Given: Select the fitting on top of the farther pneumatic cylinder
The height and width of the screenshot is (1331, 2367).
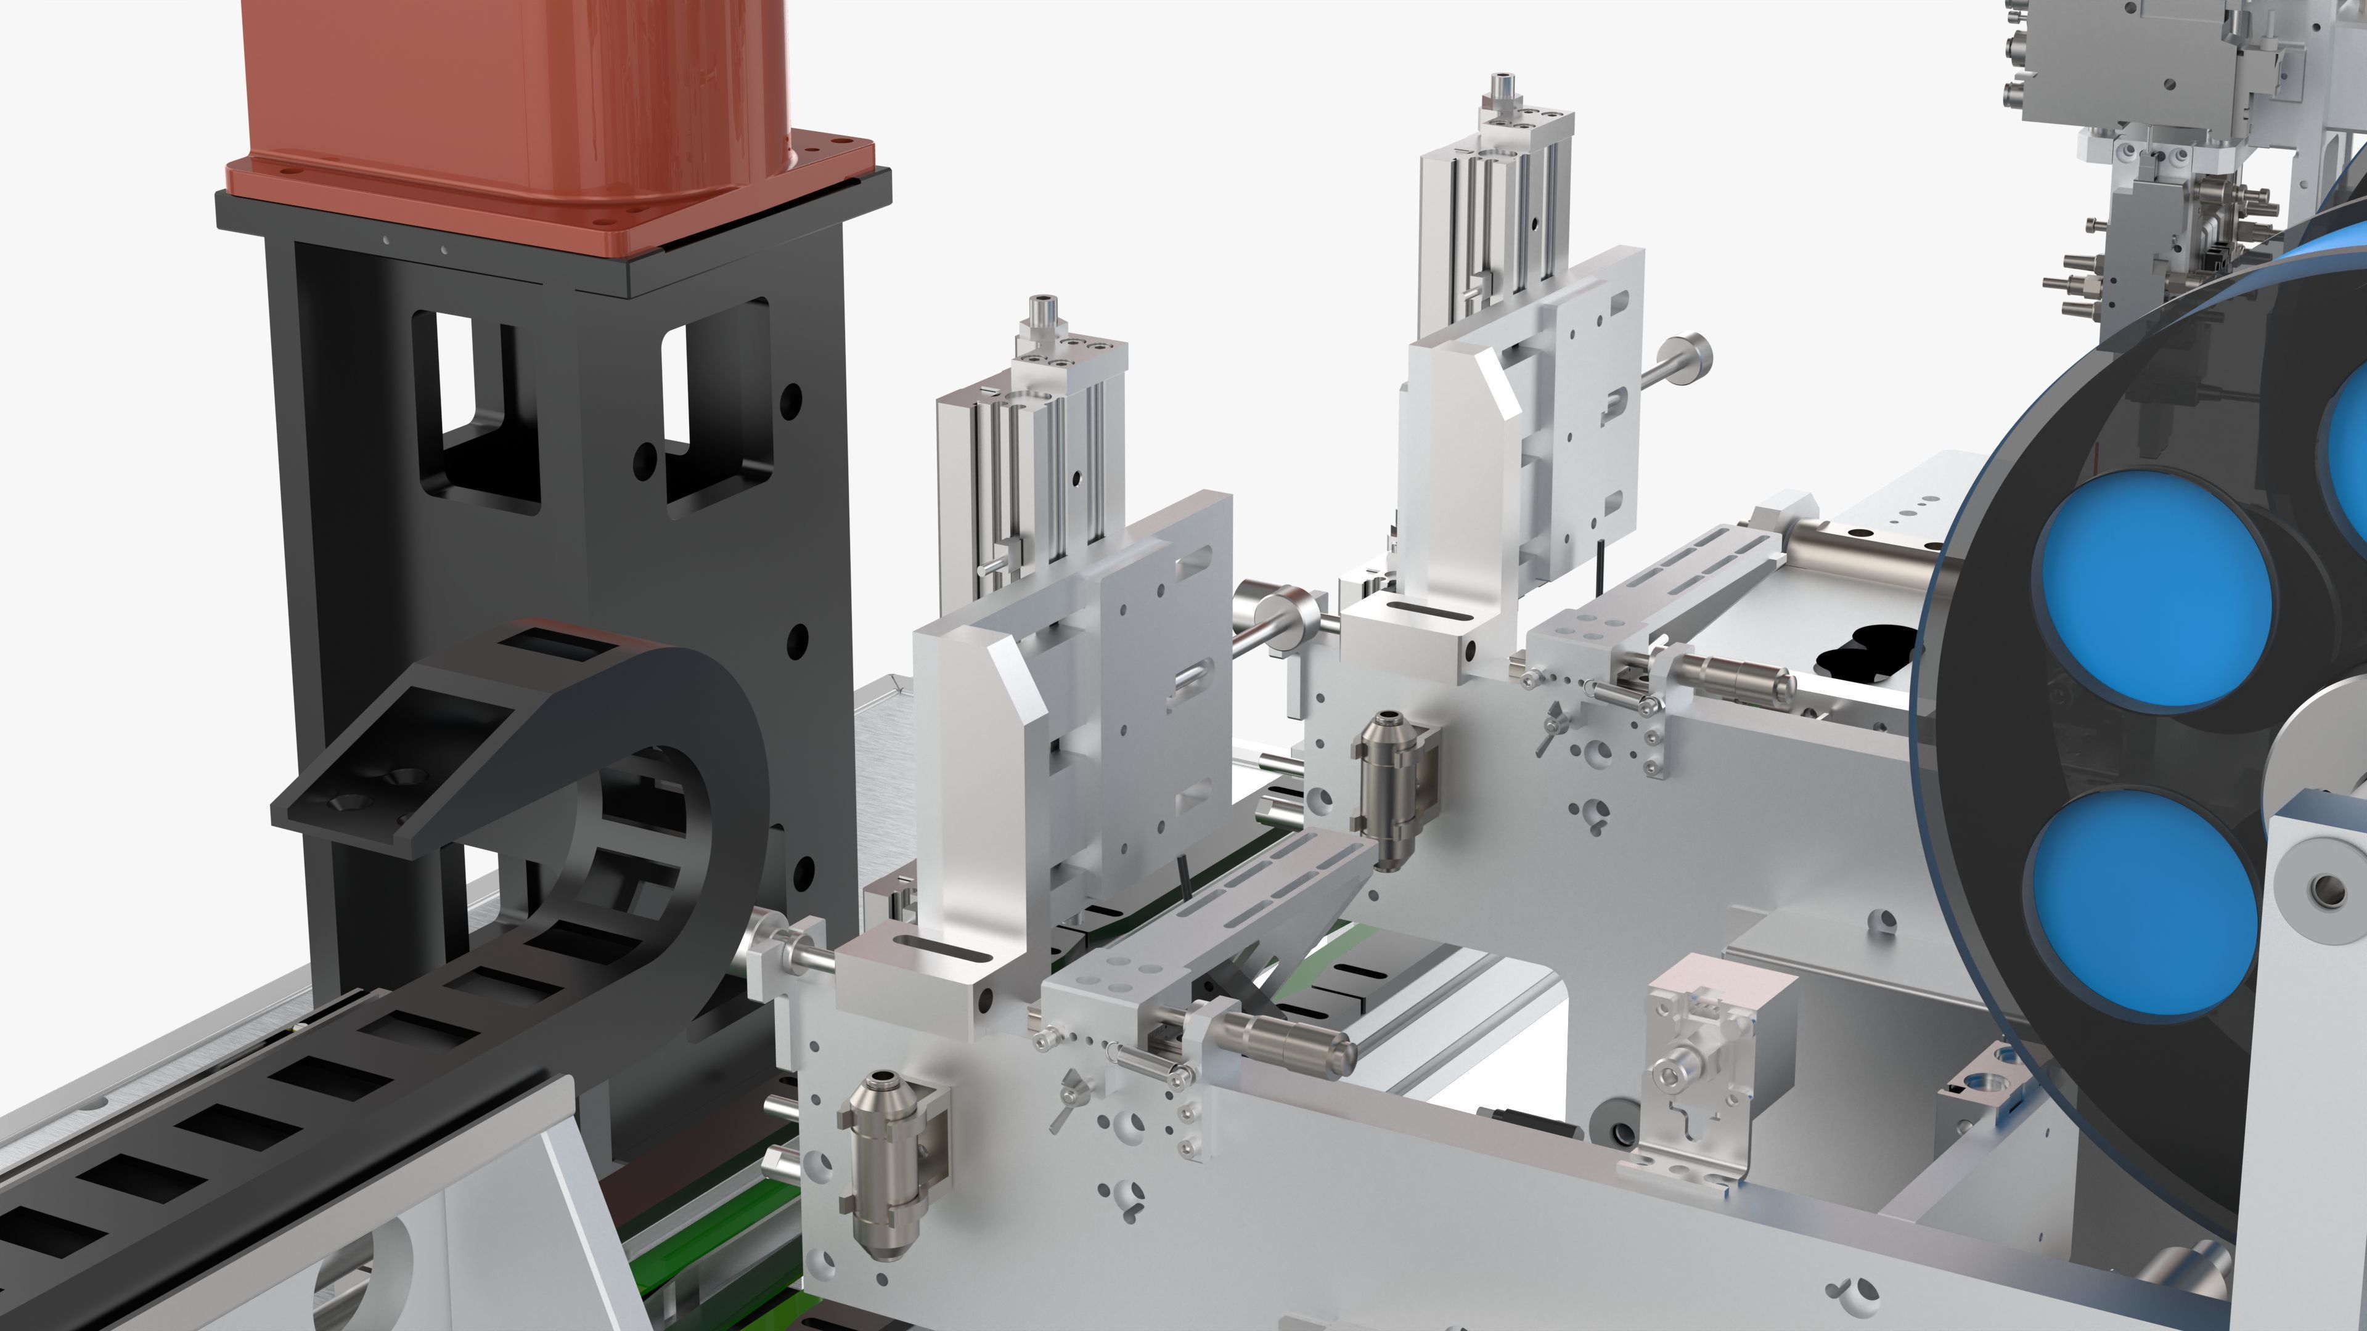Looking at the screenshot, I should tap(1503, 88).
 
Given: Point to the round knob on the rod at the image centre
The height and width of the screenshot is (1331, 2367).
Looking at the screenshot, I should tap(1282, 611).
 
